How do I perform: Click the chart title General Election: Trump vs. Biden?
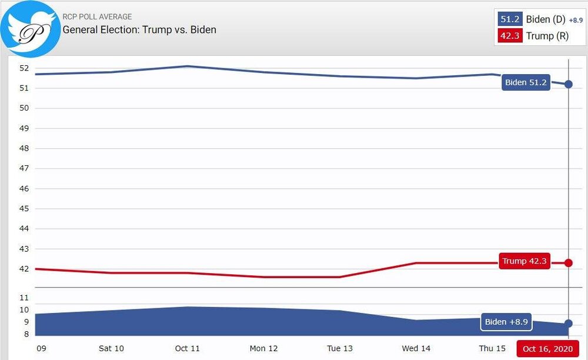coord(139,29)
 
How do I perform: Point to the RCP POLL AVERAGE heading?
coord(97,17)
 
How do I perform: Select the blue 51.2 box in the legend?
coord(510,19)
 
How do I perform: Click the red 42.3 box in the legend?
coord(510,36)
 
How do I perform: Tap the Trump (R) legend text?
coord(547,36)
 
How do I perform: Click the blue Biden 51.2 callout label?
coord(526,83)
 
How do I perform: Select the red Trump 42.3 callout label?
coord(524,261)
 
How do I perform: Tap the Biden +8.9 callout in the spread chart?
coord(506,322)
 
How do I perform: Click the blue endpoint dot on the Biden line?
coord(569,84)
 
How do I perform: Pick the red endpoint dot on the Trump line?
coord(569,262)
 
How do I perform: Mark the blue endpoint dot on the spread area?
coord(569,324)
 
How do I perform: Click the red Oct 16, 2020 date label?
coord(547,349)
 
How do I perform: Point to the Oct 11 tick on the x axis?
coord(187,349)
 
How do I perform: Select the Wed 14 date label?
coord(416,349)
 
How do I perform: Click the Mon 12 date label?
coord(263,349)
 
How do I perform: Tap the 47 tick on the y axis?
coord(24,168)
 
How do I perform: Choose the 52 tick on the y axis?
coord(24,68)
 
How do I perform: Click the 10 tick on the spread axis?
coord(24,310)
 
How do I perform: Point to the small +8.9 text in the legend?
coord(576,21)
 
